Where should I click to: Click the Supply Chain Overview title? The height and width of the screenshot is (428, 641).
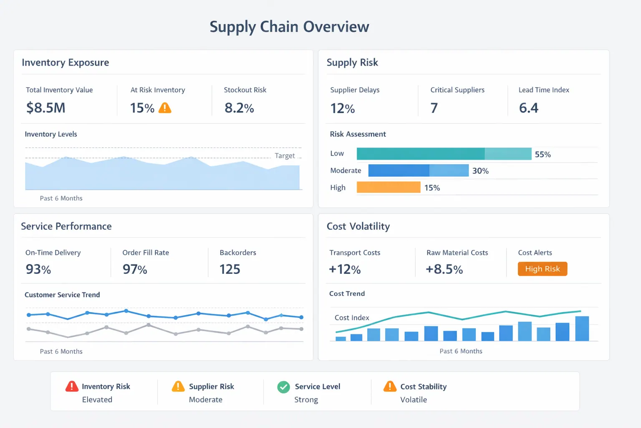tap(289, 27)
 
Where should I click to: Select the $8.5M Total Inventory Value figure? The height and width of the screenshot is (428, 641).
tap(46, 108)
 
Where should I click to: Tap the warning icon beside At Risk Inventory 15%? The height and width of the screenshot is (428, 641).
tap(165, 108)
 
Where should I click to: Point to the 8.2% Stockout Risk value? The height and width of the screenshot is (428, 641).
tap(239, 108)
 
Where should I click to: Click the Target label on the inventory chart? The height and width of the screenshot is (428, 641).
tap(285, 155)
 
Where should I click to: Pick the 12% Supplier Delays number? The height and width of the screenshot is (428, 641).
tap(343, 108)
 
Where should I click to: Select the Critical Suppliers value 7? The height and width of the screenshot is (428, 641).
tap(434, 108)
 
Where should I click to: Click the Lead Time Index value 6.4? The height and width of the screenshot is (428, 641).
tap(529, 108)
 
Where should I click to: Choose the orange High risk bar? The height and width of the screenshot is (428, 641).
tap(388, 187)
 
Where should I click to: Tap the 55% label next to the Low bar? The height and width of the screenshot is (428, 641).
tap(543, 154)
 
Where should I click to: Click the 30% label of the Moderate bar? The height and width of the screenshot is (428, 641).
tap(480, 171)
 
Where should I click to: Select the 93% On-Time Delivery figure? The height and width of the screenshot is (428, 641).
tap(38, 269)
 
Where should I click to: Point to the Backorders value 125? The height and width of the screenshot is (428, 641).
tap(230, 269)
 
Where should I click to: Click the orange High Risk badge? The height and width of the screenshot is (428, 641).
tap(543, 269)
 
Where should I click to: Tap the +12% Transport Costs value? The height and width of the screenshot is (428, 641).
tap(345, 269)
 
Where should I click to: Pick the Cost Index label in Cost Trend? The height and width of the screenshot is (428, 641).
tap(352, 318)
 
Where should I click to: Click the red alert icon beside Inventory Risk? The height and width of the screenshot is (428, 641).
tap(72, 386)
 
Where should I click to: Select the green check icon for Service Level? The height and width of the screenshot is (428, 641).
tap(284, 387)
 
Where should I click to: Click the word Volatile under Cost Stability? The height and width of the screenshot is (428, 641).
tap(414, 400)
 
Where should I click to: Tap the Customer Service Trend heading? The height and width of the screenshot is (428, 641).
tap(62, 295)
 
